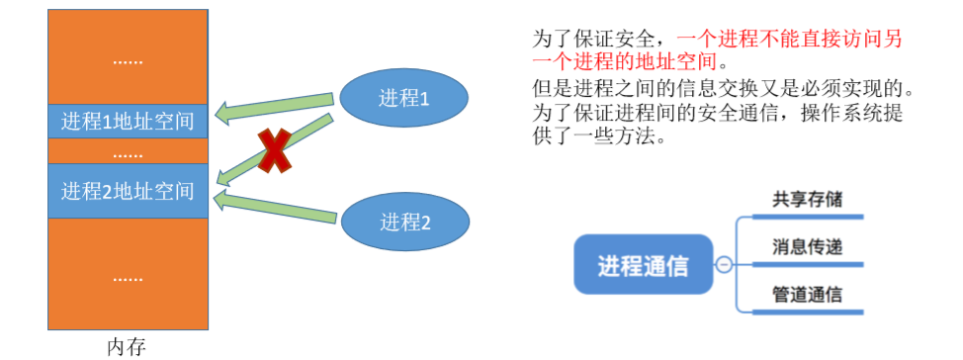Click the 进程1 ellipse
click(x=404, y=99)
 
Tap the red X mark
click(x=274, y=151)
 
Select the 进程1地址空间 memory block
click(x=128, y=122)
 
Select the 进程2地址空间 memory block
click(x=128, y=191)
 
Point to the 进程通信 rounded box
click(x=644, y=264)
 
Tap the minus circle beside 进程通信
click(x=724, y=265)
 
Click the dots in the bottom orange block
click(x=128, y=279)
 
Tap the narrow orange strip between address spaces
click(x=128, y=153)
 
